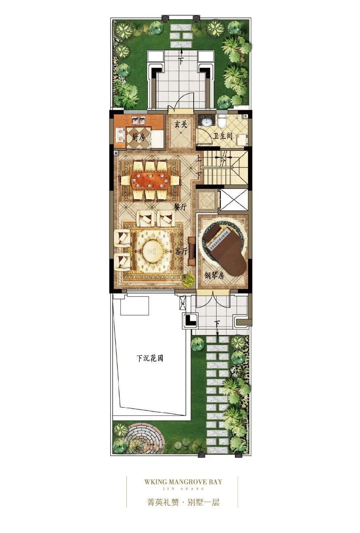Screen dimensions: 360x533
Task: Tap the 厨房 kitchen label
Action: [x=139, y=137]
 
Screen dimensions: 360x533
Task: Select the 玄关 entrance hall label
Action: [x=181, y=124]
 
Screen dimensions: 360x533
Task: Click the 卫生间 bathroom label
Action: [x=223, y=136]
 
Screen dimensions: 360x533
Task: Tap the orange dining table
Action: [x=150, y=180]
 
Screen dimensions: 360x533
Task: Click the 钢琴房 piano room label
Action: [x=214, y=276]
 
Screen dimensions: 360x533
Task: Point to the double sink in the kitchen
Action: [x=139, y=121]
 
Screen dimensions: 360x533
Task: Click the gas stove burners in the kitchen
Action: [x=120, y=135]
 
